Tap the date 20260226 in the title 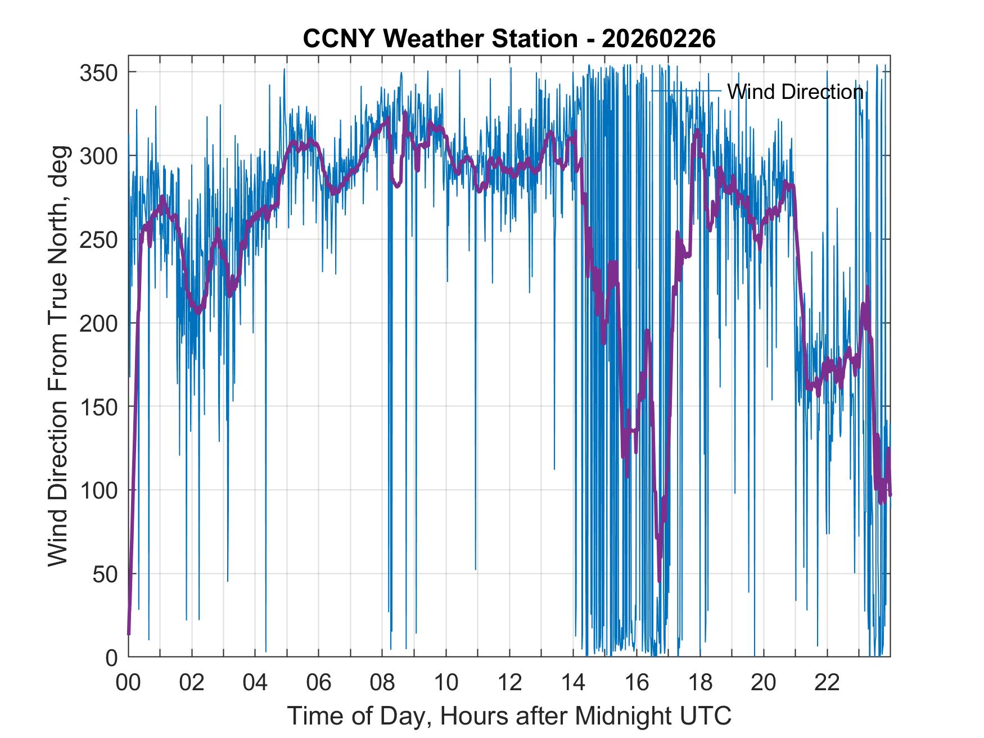coord(658,39)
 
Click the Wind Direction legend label coord(795,92)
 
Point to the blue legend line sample coord(686,90)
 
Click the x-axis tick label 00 coord(128,683)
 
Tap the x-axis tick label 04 coord(255,683)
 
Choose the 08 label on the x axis coord(382,683)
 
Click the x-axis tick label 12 coord(509,683)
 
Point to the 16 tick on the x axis coord(637,683)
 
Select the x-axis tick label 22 coord(827,683)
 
